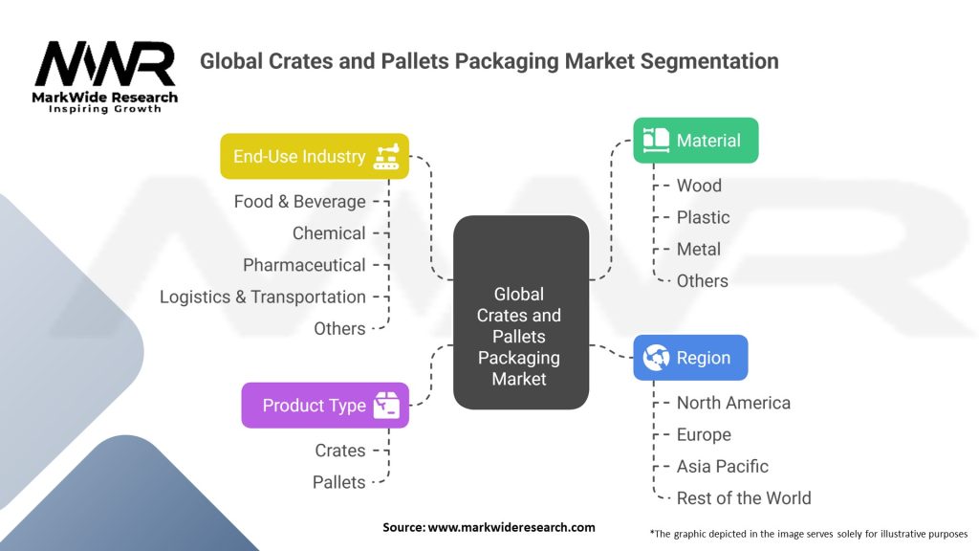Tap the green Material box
pyautogui.click(x=695, y=141)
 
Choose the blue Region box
pyautogui.click(x=690, y=358)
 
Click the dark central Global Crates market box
pyautogui.click(x=520, y=313)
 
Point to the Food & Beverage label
pyautogui.click(x=300, y=202)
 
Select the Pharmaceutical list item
pyautogui.click(x=304, y=265)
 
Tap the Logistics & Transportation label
pyautogui.click(x=263, y=297)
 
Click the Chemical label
pyautogui.click(x=329, y=233)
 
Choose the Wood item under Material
pyautogui.click(x=699, y=186)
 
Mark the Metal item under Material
pyautogui.click(x=699, y=249)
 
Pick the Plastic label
pyautogui.click(x=703, y=217)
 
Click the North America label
pyautogui.click(x=733, y=403)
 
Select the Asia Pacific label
pyautogui.click(x=722, y=466)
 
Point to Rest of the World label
pyautogui.click(x=743, y=497)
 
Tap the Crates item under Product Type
pyautogui.click(x=340, y=451)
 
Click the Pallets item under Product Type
pyautogui.click(x=339, y=482)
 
